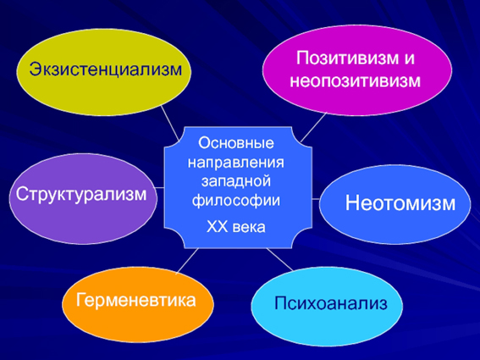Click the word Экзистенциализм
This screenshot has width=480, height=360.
[106, 69]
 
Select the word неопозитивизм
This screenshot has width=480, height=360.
[355, 80]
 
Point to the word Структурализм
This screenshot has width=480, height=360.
[81, 194]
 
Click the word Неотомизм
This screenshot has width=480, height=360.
[400, 202]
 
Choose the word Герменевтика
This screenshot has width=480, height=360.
[136, 300]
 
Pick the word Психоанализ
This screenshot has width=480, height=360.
[331, 303]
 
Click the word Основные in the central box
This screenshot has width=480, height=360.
[236, 143]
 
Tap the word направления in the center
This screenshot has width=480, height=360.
[235, 163]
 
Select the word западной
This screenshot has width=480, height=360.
[235, 180]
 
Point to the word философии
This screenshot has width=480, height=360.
[235, 201]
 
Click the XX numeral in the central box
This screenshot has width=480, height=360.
[217, 227]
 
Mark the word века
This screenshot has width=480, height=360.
[249, 228]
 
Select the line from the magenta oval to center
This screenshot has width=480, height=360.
[314, 127]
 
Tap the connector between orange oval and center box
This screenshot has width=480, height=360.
[187, 260]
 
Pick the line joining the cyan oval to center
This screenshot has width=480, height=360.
[280, 259]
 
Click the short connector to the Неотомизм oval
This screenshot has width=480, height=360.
[316, 199]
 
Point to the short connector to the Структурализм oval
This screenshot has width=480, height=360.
[159, 187]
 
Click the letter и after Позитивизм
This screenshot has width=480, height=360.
[409, 58]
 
